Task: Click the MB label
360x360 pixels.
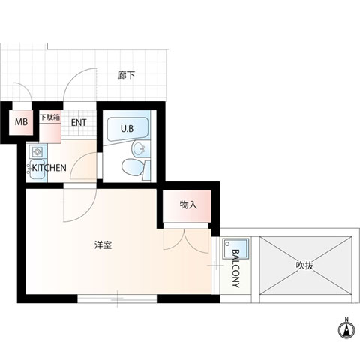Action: pyautogui.click(x=21, y=122)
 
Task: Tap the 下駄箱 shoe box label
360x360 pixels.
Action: pyautogui.click(x=50, y=117)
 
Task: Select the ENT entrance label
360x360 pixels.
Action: pyautogui.click(x=79, y=123)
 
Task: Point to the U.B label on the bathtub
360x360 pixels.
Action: pyautogui.click(x=127, y=129)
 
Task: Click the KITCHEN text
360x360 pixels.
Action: pyautogui.click(x=49, y=168)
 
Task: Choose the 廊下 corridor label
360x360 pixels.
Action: pyautogui.click(x=126, y=75)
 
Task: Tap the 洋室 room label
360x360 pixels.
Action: pyautogui.click(x=103, y=245)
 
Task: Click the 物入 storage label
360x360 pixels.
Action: pyautogui.click(x=188, y=205)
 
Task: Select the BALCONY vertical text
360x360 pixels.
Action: pyautogui.click(x=235, y=268)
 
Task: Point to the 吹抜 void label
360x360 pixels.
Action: pyautogui.click(x=304, y=265)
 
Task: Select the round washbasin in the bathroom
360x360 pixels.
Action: pyautogui.click(x=139, y=149)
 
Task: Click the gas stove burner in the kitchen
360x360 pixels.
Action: pyautogui.click(x=37, y=151)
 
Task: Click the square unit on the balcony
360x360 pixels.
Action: pyautogui.click(x=235, y=249)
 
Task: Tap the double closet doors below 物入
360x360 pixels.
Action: pyautogui.click(x=185, y=239)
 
